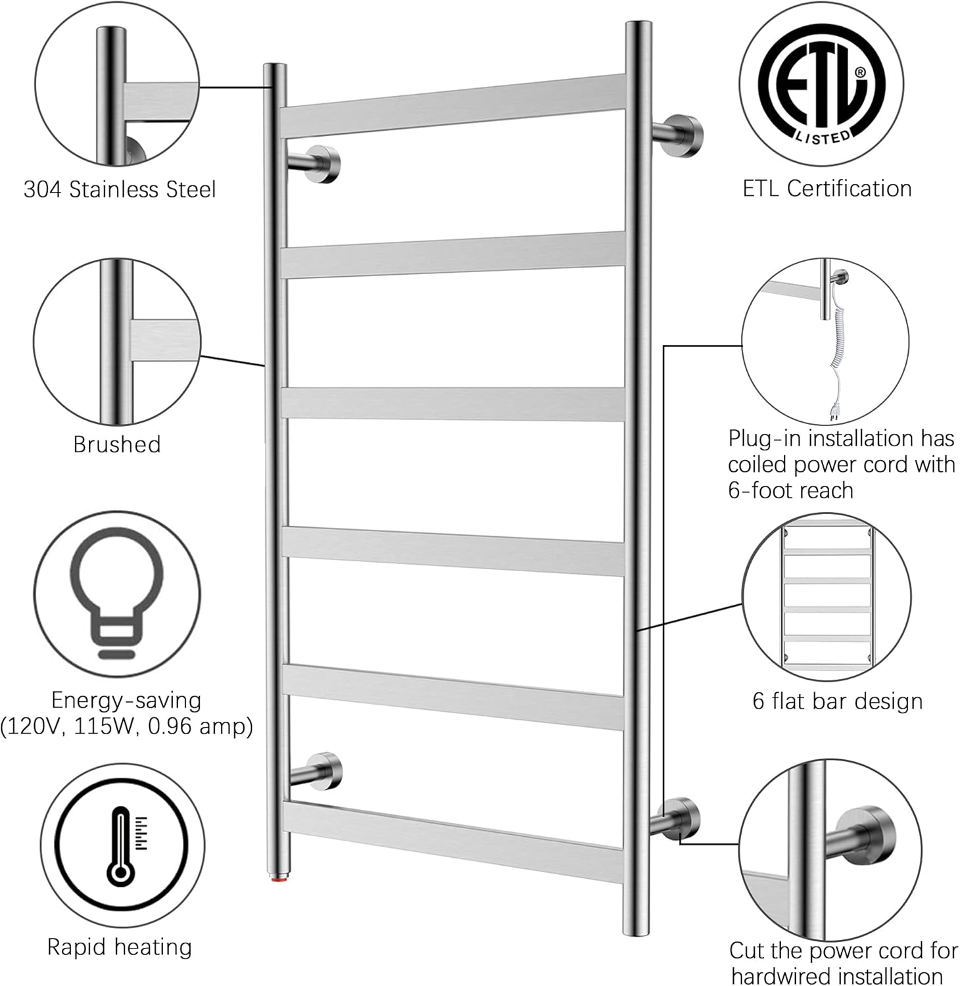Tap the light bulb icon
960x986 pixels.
[x=117, y=592]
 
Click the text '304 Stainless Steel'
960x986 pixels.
[x=120, y=189]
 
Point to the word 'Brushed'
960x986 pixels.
[x=117, y=444]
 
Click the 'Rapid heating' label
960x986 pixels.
[x=120, y=947]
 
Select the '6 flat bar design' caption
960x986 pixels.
[x=837, y=701]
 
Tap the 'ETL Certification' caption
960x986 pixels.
[x=827, y=189]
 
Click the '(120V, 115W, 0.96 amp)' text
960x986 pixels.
[x=126, y=726]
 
